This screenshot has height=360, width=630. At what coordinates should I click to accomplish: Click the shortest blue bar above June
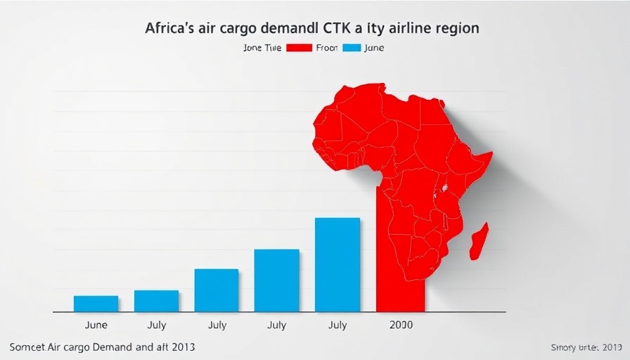pyautogui.click(x=96, y=303)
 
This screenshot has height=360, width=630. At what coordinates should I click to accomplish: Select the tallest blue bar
pyautogui.click(x=337, y=264)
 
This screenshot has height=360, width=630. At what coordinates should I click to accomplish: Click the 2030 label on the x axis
pyautogui.click(x=400, y=326)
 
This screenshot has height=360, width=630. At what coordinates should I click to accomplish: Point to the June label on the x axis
pyautogui.click(x=96, y=326)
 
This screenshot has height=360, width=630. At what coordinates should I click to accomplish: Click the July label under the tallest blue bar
pyautogui.click(x=337, y=326)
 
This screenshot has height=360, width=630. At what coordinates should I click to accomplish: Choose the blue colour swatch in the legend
pyautogui.click(x=350, y=48)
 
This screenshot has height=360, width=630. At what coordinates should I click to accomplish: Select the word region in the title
pyautogui.click(x=456, y=29)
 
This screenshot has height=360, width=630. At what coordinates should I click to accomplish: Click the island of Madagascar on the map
pyautogui.click(x=479, y=240)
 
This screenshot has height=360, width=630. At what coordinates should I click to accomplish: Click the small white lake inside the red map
pyautogui.click(x=444, y=189)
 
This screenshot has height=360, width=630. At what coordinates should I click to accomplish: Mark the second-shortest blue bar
pyautogui.click(x=156, y=301)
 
